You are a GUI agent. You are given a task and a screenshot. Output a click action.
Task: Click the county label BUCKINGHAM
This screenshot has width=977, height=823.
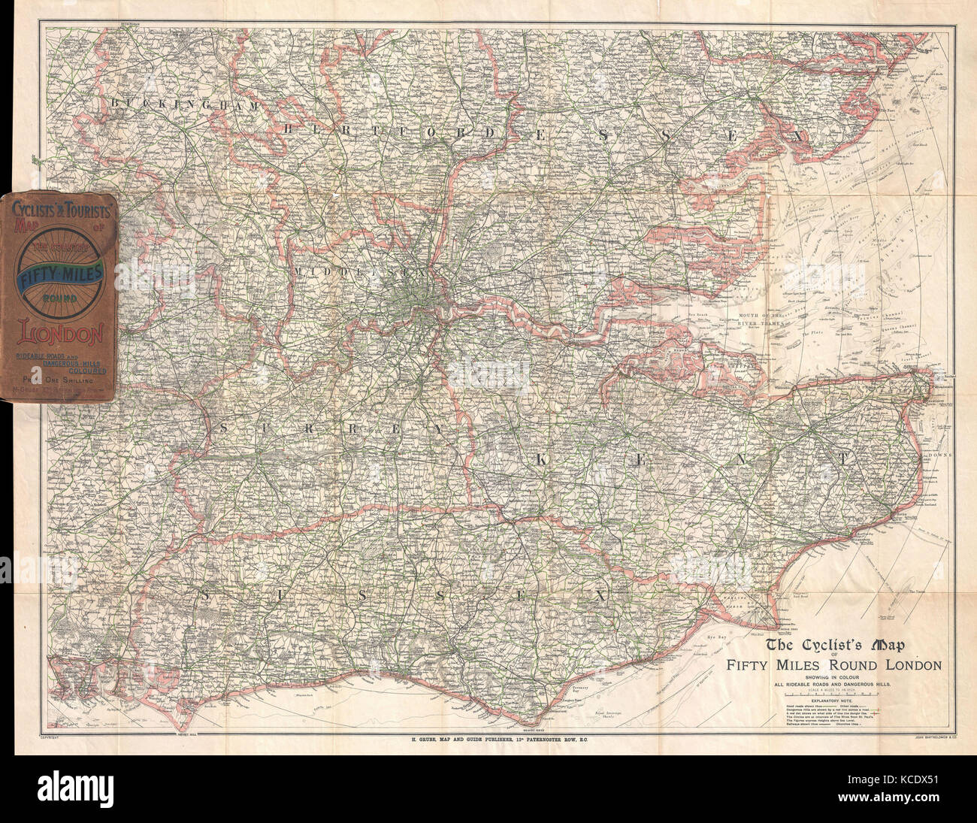pos(184,103)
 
